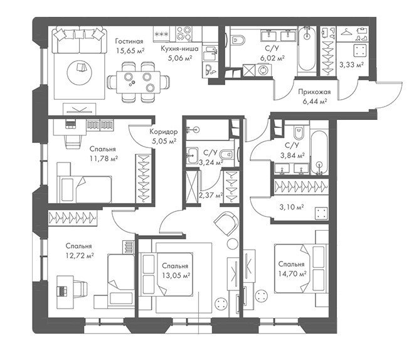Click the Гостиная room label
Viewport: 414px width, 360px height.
pos(129,41)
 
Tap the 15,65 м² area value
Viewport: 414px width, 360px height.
pos(130,50)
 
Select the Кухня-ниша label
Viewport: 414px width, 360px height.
pos(179,48)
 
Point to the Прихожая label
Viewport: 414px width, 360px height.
pos(314,92)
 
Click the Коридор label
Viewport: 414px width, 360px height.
pos(164,132)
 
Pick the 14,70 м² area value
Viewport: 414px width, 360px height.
pos(292,273)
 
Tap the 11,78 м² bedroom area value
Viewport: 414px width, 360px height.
pos(103,159)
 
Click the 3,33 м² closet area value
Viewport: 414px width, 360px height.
pos(351,65)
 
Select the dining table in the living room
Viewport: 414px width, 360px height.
pos(138,82)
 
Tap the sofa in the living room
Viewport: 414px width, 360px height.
pos(80,40)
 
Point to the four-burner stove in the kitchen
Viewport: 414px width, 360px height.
pos(184,33)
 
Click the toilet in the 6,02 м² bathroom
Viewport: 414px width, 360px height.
pos(238,40)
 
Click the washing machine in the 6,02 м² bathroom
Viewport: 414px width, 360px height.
pos(263,70)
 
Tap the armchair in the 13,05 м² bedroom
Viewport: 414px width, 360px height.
pos(227,223)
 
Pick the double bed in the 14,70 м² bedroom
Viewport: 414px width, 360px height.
pos(300,268)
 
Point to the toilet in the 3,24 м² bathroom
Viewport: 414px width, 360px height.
pos(226,154)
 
